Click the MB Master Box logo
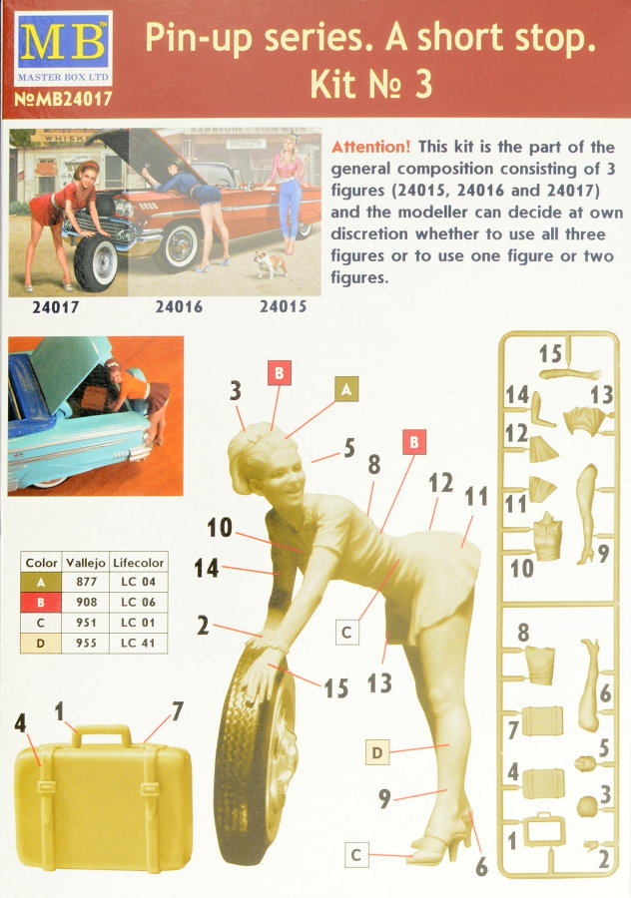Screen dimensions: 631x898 [x=63, y=48]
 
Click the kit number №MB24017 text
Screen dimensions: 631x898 [x=63, y=99]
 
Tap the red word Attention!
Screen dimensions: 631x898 [x=370, y=147]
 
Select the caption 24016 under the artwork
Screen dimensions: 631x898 [x=179, y=307]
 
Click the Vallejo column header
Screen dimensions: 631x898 [x=86, y=563]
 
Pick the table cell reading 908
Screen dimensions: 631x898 [x=86, y=602]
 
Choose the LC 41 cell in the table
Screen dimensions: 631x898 [x=138, y=643]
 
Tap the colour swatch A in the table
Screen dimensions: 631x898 [x=41, y=582]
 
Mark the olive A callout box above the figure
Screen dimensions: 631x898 [x=346, y=389]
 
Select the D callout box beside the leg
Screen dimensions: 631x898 [x=377, y=752]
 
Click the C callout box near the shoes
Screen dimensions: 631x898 [x=355, y=854]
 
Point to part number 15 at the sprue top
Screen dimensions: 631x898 [x=550, y=353]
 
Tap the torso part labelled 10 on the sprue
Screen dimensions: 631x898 [x=547, y=536]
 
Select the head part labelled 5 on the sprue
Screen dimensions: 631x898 [x=586, y=763]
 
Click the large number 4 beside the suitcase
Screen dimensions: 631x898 [x=21, y=723]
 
